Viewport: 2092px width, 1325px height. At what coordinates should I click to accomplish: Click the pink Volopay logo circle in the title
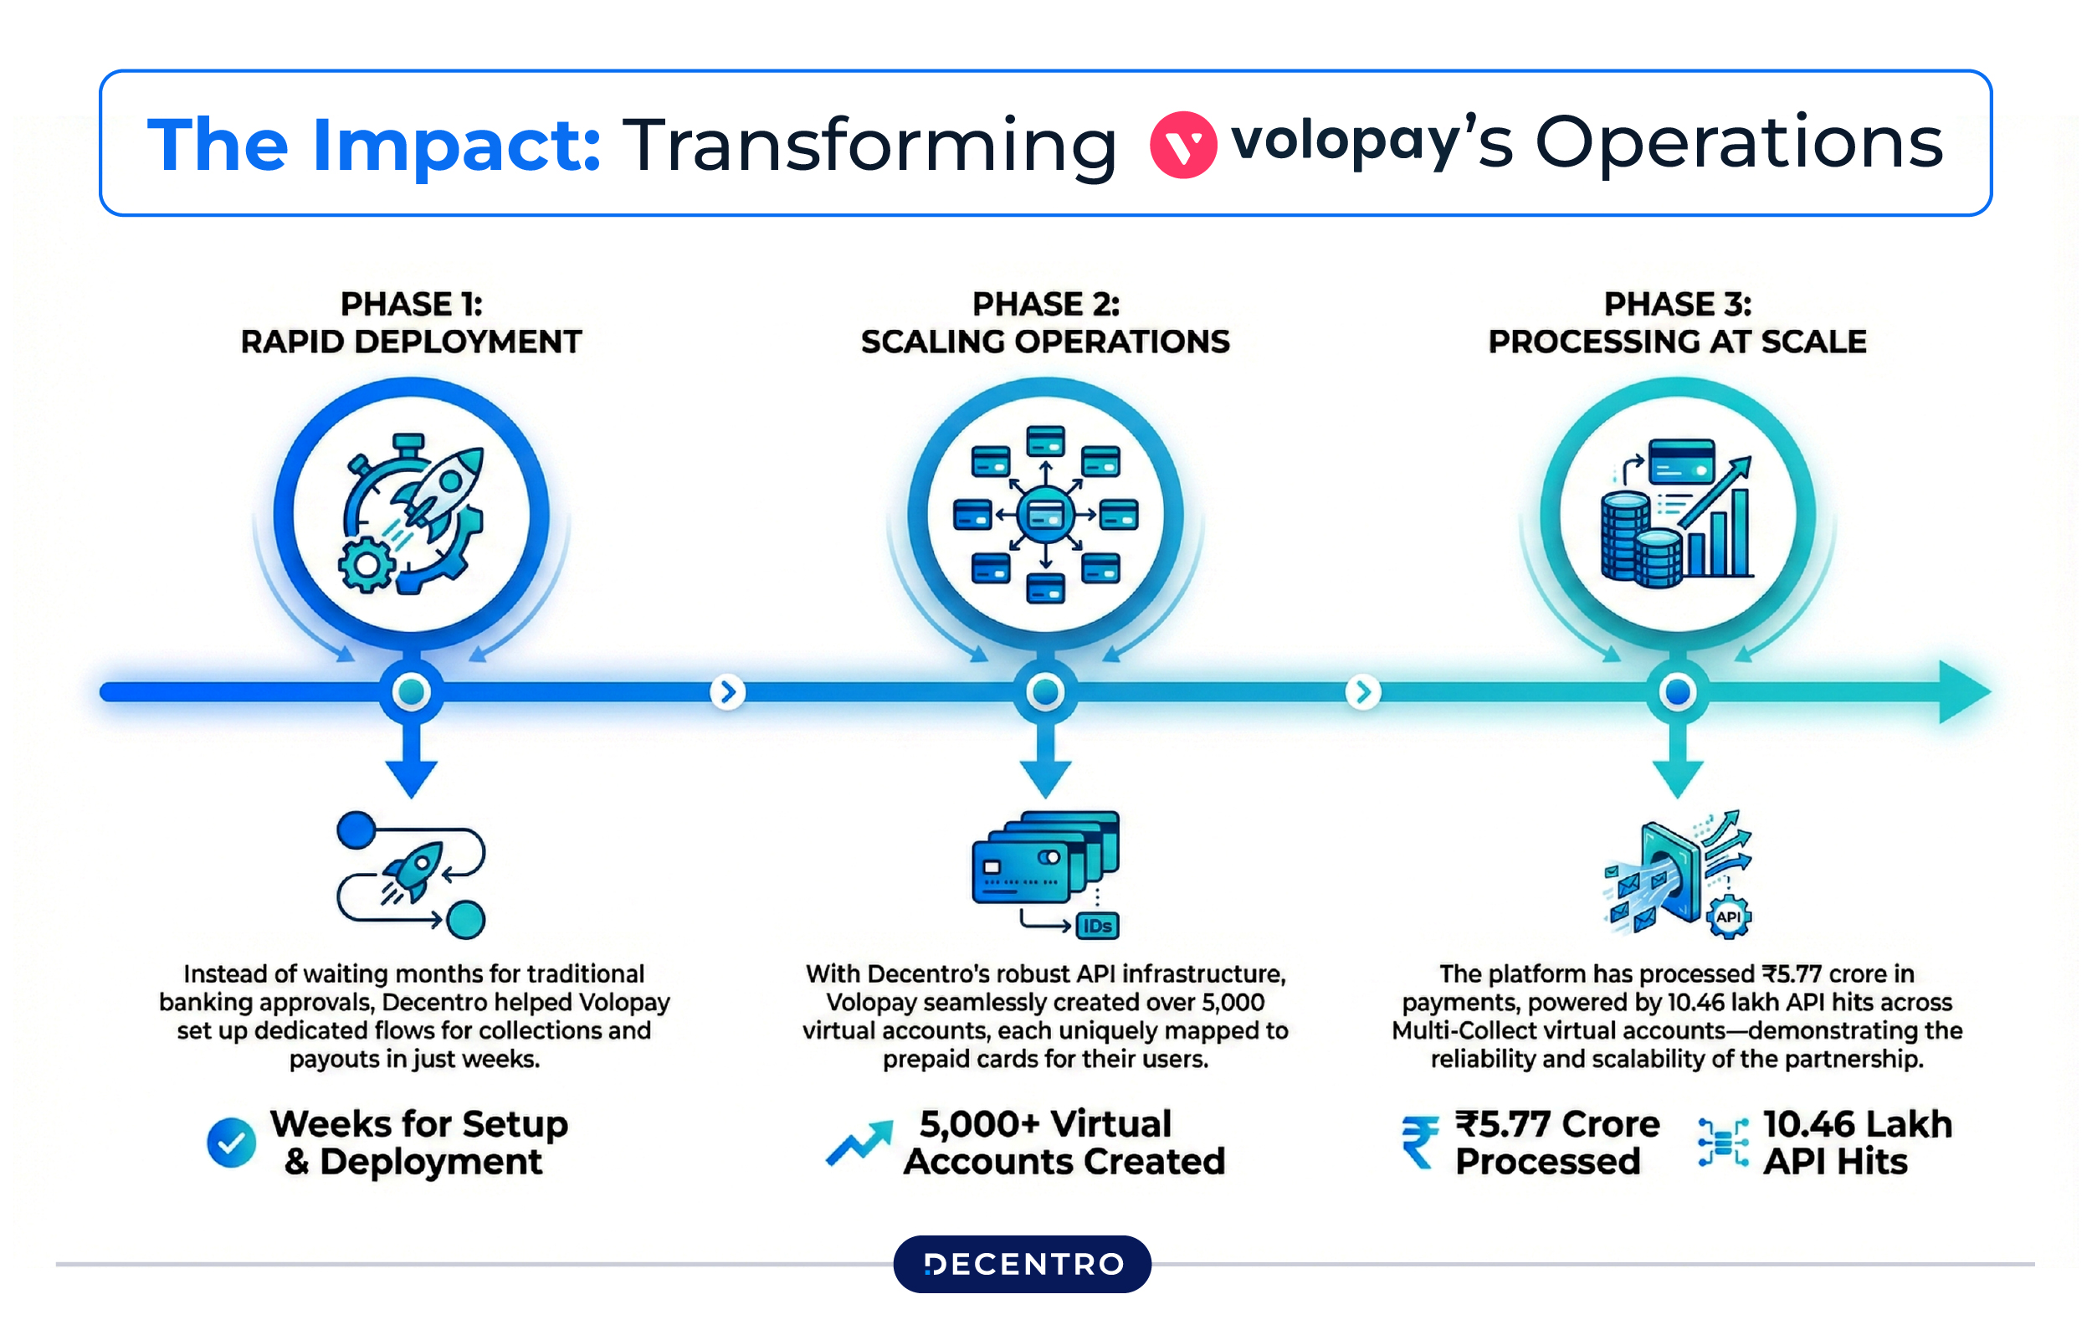click(x=1182, y=145)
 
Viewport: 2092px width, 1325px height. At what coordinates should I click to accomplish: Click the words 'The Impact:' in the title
click(x=373, y=145)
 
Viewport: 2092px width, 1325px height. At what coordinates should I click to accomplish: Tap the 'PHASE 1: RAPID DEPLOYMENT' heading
click(x=411, y=322)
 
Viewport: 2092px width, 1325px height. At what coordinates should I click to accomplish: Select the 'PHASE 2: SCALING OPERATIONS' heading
click(x=1045, y=322)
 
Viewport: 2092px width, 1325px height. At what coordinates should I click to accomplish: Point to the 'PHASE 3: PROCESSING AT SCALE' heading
click(x=1677, y=322)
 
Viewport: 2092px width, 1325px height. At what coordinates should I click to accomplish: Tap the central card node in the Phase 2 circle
click(x=1045, y=516)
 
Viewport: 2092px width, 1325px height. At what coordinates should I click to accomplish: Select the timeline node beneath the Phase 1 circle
click(x=411, y=692)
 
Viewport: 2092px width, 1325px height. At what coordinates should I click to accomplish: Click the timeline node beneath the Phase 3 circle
click(x=1678, y=692)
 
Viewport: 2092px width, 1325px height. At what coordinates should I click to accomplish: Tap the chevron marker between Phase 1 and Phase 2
click(x=728, y=692)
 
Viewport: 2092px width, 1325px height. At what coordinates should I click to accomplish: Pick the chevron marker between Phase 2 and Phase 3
click(x=1362, y=692)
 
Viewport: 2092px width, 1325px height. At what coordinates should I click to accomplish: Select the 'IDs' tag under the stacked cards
click(x=1097, y=927)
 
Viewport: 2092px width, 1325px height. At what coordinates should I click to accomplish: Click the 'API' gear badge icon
click(x=1728, y=917)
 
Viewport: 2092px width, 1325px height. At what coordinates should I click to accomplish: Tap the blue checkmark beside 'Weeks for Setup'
click(x=231, y=1143)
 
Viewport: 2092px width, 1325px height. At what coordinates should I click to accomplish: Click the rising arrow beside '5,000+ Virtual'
click(x=859, y=1143)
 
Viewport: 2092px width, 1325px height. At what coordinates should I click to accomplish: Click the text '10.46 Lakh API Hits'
click(x=1856, y=1143)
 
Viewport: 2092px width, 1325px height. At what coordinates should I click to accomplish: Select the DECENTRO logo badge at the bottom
click(x=1023, y=1264)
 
